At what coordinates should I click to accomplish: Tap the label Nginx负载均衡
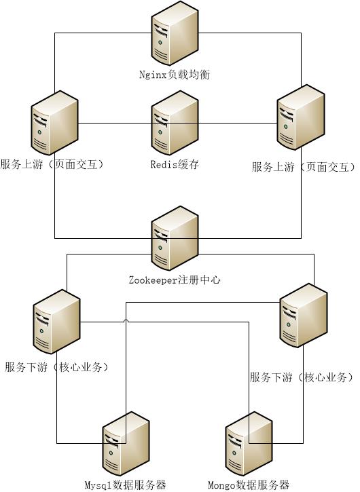click(x=175, y=74)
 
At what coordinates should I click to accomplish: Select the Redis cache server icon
click(x=175, y=122)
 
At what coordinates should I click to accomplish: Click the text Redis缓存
click(x=175, y=164)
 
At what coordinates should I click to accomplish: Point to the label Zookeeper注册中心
click(x=175, y=280)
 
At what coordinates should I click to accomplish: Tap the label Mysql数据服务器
click(x=126, y=485)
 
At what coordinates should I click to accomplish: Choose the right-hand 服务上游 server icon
click(x=301, y=122)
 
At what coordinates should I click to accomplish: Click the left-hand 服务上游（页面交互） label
click(x=53, y=164)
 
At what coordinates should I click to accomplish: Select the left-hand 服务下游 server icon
click(x=57, y=320)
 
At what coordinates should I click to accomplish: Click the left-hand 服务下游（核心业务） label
click(x=57, y=367)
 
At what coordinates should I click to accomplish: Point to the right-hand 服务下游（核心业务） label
click(x=302, y=377)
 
